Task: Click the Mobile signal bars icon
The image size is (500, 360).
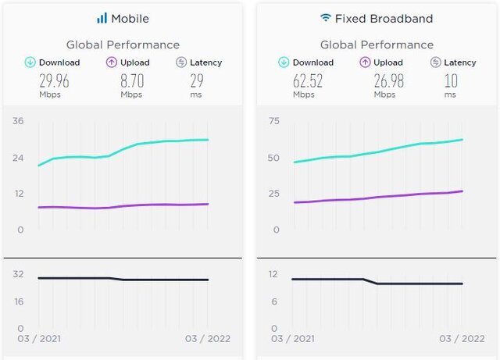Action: point(102,18)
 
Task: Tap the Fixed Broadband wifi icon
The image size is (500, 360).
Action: point(325,17)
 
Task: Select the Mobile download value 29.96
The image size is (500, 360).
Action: point(48,80)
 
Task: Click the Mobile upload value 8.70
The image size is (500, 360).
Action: point(130,80)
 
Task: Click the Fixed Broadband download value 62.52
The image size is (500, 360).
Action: point(303,80)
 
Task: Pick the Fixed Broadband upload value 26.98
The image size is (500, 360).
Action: point(384,80)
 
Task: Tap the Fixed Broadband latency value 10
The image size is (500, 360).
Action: point(450,80)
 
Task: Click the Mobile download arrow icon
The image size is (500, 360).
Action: point(30,62)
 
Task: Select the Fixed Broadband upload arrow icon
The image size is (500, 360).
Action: point(365,62)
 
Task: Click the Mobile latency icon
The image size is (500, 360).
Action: point(181,62)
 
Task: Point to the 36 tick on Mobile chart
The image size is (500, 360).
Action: point(18,121)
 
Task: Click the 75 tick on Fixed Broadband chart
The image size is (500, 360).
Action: point(273,121)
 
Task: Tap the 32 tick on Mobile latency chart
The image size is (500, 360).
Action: point(18,274)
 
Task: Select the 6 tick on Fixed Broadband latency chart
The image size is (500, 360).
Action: point(274,301)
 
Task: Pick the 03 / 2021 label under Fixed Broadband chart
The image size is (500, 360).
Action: point(293,339)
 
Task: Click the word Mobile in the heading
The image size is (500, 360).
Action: point(130,18)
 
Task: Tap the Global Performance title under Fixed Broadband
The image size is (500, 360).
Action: point(377,45)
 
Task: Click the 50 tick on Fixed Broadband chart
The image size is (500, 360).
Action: point(273,158)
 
